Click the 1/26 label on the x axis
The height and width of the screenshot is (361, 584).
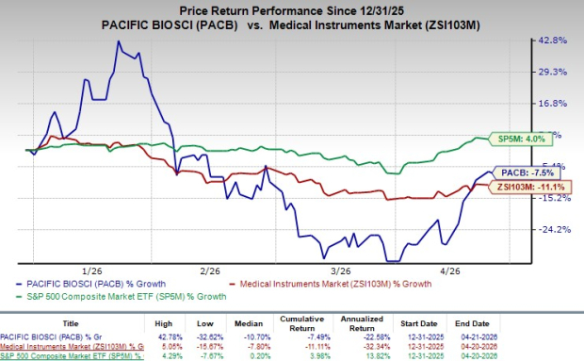[93, 270]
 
